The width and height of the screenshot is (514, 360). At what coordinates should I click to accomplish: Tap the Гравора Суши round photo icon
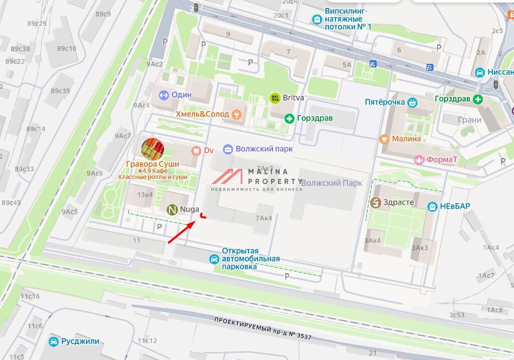152,148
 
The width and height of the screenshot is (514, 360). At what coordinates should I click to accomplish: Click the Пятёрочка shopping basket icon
412,102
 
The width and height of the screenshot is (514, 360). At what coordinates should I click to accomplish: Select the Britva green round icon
275,98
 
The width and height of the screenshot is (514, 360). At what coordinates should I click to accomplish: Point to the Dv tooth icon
196,150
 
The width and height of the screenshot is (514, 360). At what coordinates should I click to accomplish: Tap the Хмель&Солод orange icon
237,115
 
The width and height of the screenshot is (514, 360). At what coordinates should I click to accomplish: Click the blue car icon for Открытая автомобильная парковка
214,259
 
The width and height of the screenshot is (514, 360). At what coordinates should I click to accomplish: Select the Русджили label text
80,341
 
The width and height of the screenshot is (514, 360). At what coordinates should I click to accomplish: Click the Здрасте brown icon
375,203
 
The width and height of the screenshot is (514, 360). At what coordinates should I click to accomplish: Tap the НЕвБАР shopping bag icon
432,206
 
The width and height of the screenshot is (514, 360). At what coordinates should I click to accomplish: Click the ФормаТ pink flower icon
418,160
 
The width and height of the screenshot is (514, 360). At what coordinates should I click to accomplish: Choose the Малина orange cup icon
385,139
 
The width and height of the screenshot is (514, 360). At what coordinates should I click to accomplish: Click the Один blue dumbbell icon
163,95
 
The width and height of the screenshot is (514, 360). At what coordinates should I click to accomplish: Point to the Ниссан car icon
480,72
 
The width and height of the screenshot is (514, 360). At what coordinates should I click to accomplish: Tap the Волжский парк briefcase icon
228,149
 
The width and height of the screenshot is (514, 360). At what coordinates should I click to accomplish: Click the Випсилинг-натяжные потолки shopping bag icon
316,19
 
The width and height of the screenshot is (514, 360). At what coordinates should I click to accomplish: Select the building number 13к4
145,195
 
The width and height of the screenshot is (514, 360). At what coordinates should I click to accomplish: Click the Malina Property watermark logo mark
229,177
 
